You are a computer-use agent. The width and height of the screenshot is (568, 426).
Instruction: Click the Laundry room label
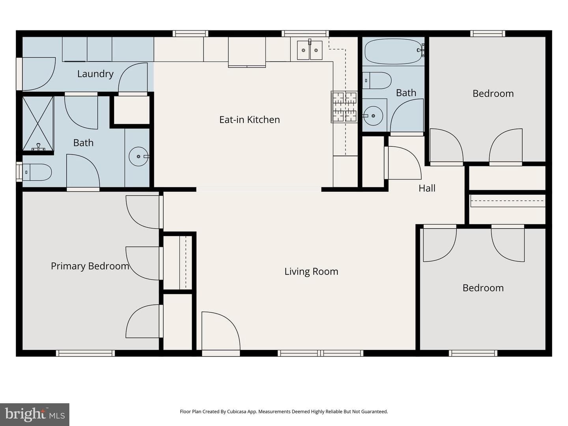pos(95,74)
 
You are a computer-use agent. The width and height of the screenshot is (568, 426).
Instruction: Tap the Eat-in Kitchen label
pos(249,120)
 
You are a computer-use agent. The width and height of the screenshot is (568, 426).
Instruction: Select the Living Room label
pos(311,272)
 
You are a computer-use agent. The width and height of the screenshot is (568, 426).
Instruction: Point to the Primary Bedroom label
pos(90,266)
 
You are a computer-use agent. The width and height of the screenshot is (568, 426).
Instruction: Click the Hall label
pos(427,188)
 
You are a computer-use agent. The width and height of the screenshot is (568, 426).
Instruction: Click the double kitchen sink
pos(310,50)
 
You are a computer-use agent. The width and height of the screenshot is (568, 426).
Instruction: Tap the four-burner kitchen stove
pos(344,107)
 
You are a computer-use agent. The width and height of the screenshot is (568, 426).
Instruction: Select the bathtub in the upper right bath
pos(393,51)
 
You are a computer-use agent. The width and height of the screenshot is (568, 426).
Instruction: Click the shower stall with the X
pos(38,123)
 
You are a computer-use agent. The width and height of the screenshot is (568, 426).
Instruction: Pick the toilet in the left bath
pos(37,172)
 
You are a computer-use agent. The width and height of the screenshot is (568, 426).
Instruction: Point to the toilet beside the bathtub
pos(377,80)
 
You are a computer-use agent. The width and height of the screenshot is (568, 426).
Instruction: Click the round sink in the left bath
pos(138,157)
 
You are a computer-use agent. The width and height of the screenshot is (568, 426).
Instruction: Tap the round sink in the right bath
pos(373,116)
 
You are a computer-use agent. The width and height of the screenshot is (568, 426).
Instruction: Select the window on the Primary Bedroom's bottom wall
pos(85,353)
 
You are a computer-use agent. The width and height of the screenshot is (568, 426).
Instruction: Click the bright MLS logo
pos(35,415)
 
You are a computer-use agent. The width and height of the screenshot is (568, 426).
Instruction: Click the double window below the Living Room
pos(321,353)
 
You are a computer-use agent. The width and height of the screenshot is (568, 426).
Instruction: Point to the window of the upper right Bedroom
pos(488,34)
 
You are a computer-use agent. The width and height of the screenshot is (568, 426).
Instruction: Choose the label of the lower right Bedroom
pos(483,288)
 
